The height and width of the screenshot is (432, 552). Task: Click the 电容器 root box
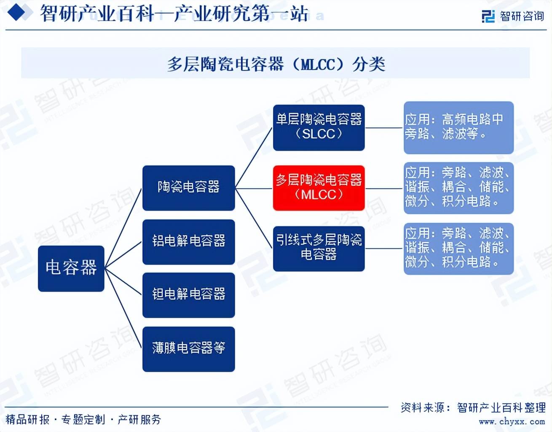point(71,268)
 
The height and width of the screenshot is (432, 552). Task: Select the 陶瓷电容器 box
point(188,188)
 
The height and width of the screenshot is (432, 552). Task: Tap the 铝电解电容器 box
point(188,242)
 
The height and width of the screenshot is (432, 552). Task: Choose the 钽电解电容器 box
point(188,295)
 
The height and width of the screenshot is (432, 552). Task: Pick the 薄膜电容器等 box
point(188,349)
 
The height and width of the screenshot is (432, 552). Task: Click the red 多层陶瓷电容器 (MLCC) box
point(319,188)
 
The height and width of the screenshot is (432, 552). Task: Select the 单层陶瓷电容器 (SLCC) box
point(319,128)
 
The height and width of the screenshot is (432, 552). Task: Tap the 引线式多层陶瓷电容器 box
point(319,248)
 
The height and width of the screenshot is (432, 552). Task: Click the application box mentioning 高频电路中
point(459,128)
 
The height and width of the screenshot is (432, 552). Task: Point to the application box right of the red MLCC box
point(459,188)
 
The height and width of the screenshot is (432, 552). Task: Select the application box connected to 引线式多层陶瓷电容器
point(459,248)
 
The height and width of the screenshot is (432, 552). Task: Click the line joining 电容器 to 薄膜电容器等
point(123,308)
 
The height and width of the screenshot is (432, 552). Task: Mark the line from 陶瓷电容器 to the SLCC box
point(254,158)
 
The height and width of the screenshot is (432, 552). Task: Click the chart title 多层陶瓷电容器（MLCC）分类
point(276,64)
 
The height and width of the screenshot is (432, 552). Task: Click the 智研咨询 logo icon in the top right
point(488,16)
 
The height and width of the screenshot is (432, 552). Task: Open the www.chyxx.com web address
point(512,421)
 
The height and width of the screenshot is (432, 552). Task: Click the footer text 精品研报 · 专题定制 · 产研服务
point(83,419)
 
